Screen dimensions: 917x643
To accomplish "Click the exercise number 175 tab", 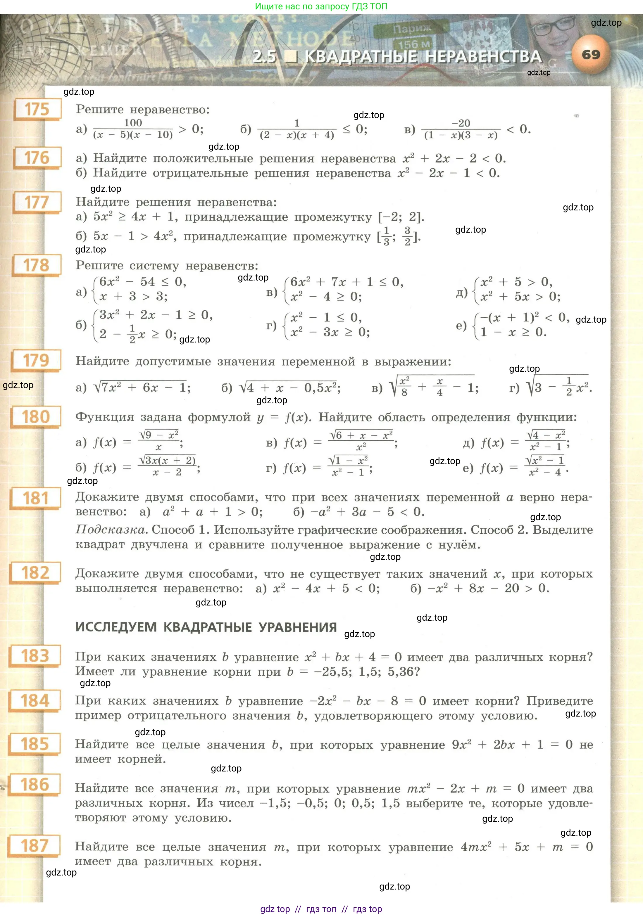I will click(x=37, y=109).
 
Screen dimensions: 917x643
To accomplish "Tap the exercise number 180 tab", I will click(x=36, y=417).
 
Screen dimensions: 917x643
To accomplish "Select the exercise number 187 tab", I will click(x=35, y=846).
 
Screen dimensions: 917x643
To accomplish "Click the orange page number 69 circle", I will click(x=591, y=55).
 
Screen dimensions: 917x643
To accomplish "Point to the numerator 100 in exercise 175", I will click(x=133, y=123).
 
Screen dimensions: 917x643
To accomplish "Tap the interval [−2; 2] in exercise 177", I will click(x=400, y=217).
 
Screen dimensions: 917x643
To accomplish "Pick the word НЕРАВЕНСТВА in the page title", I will click(x=483, y=57).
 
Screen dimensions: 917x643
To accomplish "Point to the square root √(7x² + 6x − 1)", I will click(x=140, y=387).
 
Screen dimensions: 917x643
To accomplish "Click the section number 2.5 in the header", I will click(x=265, y=57).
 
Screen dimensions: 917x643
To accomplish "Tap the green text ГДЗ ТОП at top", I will click(x=369, y=6).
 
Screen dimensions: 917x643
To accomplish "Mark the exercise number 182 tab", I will click(x=36, y=573).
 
